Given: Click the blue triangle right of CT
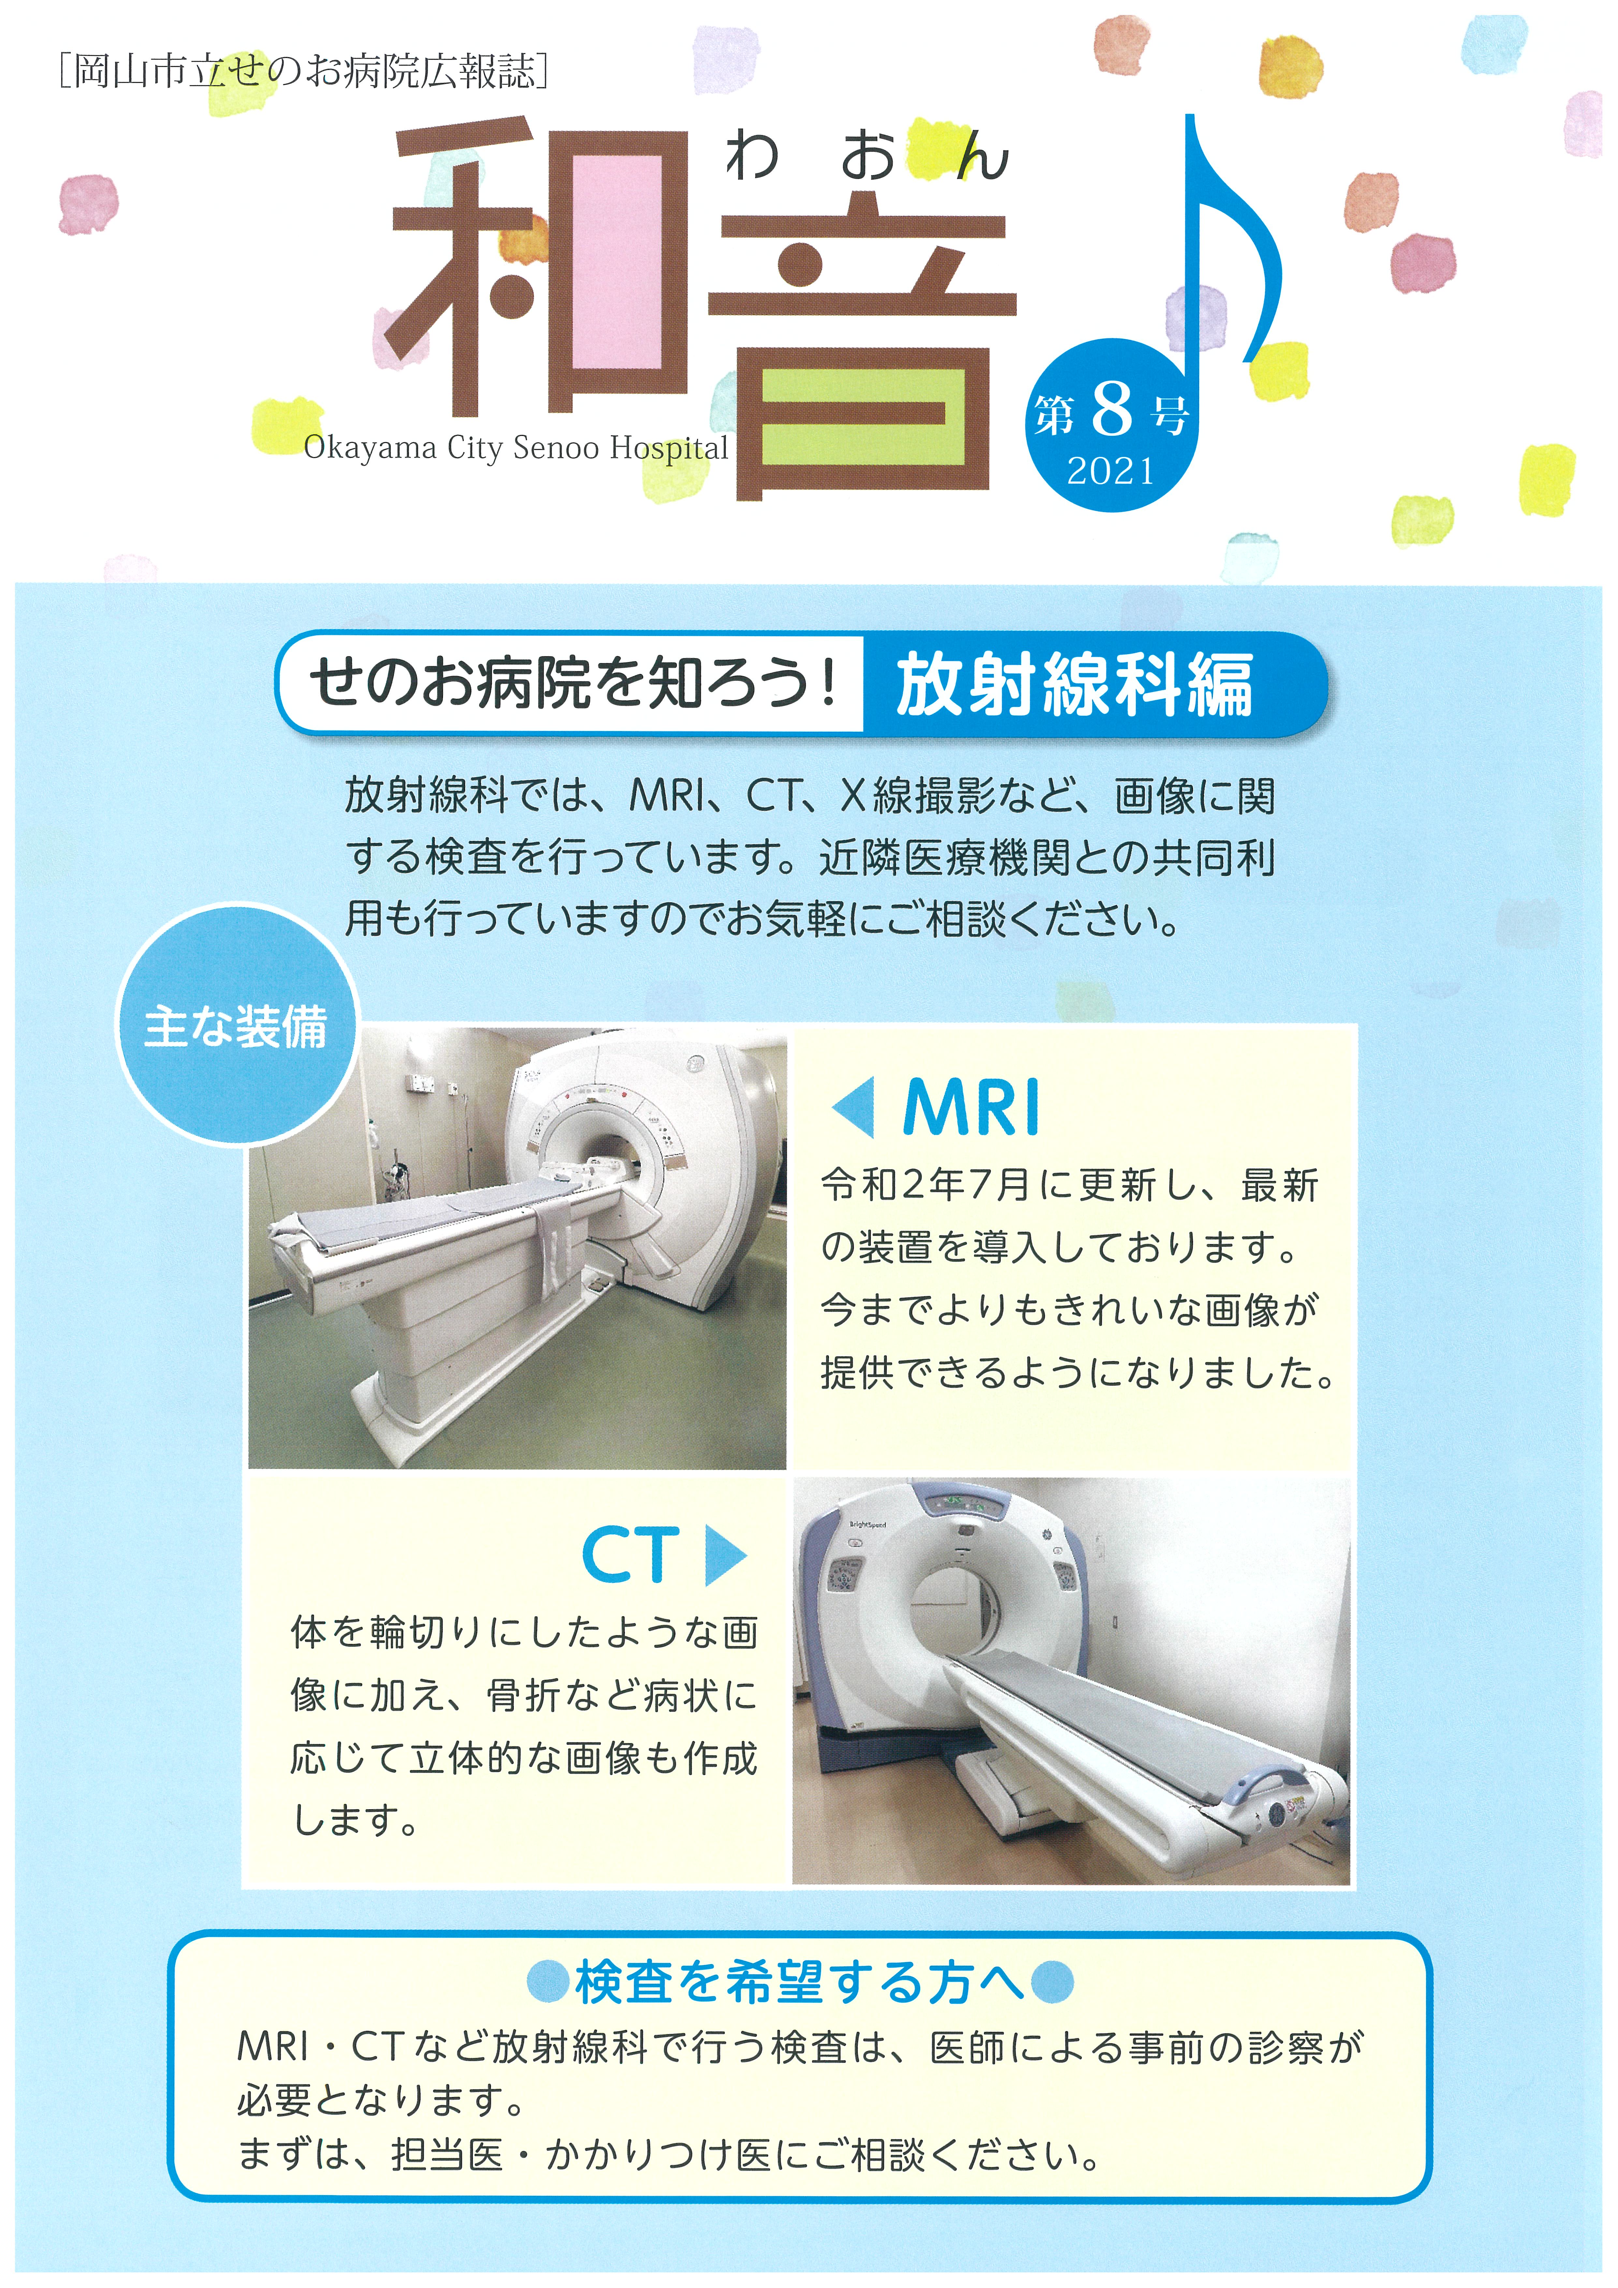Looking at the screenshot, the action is coord(725,1555).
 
